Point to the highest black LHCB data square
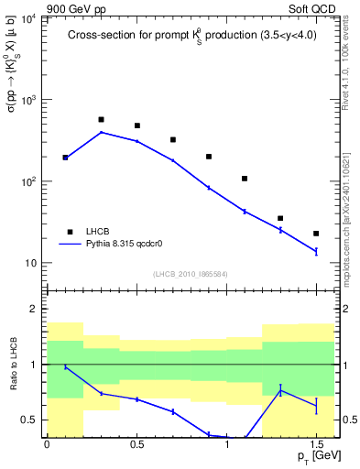coord(101,120)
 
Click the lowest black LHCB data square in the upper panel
coord(316,234)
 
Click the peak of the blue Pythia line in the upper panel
coord(101,132)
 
